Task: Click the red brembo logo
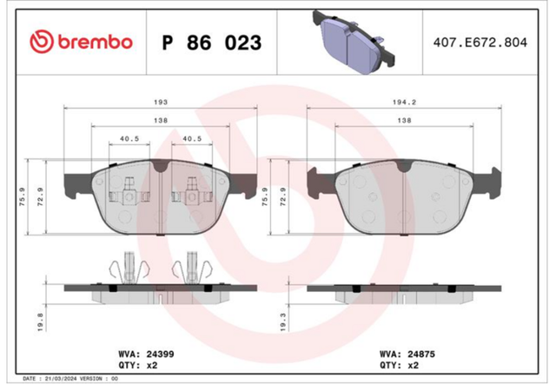click(81, 42)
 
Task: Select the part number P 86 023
click(212, 43)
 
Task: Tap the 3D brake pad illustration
click(354, 43)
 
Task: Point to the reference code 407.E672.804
click(480, 43)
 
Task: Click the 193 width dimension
click(160, 103)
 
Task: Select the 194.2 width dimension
click(404, 103)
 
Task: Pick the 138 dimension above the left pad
click(160, 121)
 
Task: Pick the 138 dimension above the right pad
click(404, 121)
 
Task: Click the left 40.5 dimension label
click(129, 139)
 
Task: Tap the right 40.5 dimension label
click(192, 139)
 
